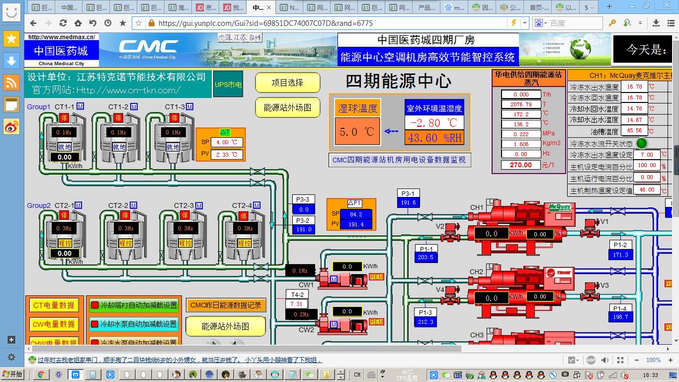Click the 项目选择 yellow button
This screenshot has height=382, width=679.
pyautogui.click(x=287, y=83)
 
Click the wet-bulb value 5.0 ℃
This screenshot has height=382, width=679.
pyautogui.click(x=357, y=132)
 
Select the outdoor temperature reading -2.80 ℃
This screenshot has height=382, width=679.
pyautogui.click(x=434, y=123)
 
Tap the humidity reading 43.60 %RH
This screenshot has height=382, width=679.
pyautogui.click(x=434, y=138)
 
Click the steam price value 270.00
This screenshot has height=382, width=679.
pyautogui.click(x=520, y=165)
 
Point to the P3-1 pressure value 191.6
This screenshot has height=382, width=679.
pyautogui.click(x=408, y=202)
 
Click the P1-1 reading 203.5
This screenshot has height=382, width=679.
pyautogui.click(x=425, y=257)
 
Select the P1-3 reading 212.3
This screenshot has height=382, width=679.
pyautogui.click(x=425, y=321)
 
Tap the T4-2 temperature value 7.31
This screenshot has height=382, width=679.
pyautogui.click(x=297, y=304)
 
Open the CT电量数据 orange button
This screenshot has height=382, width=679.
pyautogui.click(x=54, y=305)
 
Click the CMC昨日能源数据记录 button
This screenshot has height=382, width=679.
pyautogui.click(x=226, y=305)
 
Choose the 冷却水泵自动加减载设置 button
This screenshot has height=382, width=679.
pyautogui.click(x=134, y=324)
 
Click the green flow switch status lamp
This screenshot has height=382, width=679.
pyautogui.click(x=642, y=143)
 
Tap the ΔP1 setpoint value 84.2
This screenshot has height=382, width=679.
pyautogui.click(x=356, y=214)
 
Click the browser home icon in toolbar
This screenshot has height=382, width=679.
pyautogui.click(x=78, y=23)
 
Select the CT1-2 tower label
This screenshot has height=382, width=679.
pyautogui.click(x=118, y=107)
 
